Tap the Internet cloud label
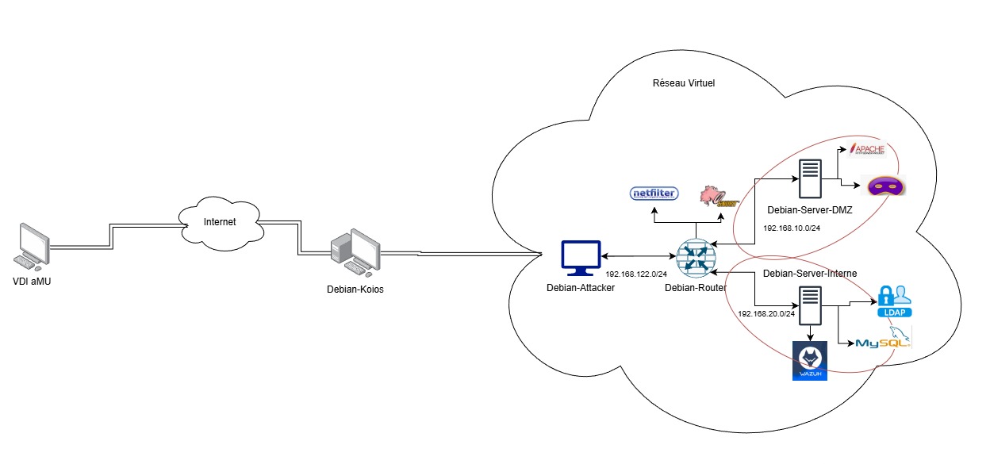tap(220, 222)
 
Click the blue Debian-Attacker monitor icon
tap(580, 257)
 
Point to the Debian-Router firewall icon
tap(695, 258)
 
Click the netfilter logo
tap(654, 194)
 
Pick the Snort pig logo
tap(716, 195)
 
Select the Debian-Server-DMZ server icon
tap(810, 180)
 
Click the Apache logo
tap(871, 148)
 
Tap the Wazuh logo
tap(810, 361)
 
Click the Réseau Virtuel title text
tap(684, 83)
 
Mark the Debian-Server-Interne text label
tap(809, 274)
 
